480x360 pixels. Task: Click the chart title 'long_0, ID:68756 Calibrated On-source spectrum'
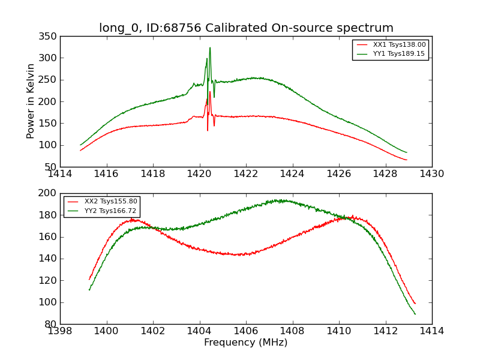point(246,28)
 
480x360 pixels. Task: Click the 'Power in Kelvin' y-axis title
point(31,101)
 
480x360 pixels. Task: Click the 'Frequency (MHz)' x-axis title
point(245,343)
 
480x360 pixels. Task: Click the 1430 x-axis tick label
point(431,174)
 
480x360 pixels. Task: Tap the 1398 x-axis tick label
point(61,331)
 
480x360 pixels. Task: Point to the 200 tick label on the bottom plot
point(48,193)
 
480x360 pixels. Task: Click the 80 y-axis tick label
point(51,324)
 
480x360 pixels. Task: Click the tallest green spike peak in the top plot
point(210,48)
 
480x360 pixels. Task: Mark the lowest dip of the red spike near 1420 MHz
point(208,130)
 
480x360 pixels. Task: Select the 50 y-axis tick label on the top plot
point(51,167)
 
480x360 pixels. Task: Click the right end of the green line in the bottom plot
point(415,314)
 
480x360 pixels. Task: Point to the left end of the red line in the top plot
point(80,150)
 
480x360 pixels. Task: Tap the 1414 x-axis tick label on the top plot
point(61,174)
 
